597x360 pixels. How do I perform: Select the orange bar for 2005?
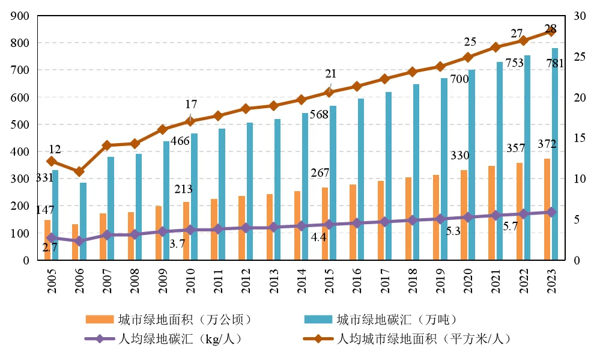point(47,240)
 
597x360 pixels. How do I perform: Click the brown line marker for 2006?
point(79,172)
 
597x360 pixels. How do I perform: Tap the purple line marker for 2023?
point(551,212)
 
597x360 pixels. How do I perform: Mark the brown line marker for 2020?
point(468,57)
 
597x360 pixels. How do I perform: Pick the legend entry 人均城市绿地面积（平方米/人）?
point(424,339)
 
